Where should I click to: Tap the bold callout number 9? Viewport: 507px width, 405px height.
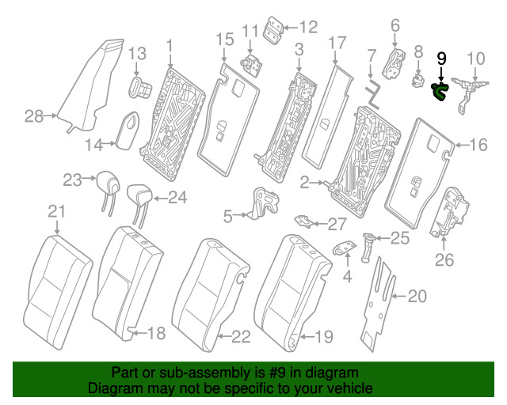(x=441, y=59)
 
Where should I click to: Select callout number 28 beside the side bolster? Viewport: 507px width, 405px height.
(x=34, y=116)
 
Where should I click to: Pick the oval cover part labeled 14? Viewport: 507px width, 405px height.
(x=128, y=130)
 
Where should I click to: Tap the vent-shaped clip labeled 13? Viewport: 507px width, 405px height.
(x=140, y=86)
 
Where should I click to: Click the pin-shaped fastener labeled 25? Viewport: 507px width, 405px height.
(x=368, y=247)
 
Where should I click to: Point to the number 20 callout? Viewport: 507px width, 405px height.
(x=417, y=296)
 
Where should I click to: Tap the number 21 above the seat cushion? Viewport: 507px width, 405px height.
(x=57, y=211)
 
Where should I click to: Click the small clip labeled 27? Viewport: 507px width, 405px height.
(x=303, y=221)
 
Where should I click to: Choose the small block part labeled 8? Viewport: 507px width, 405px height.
(x=418, y=80)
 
